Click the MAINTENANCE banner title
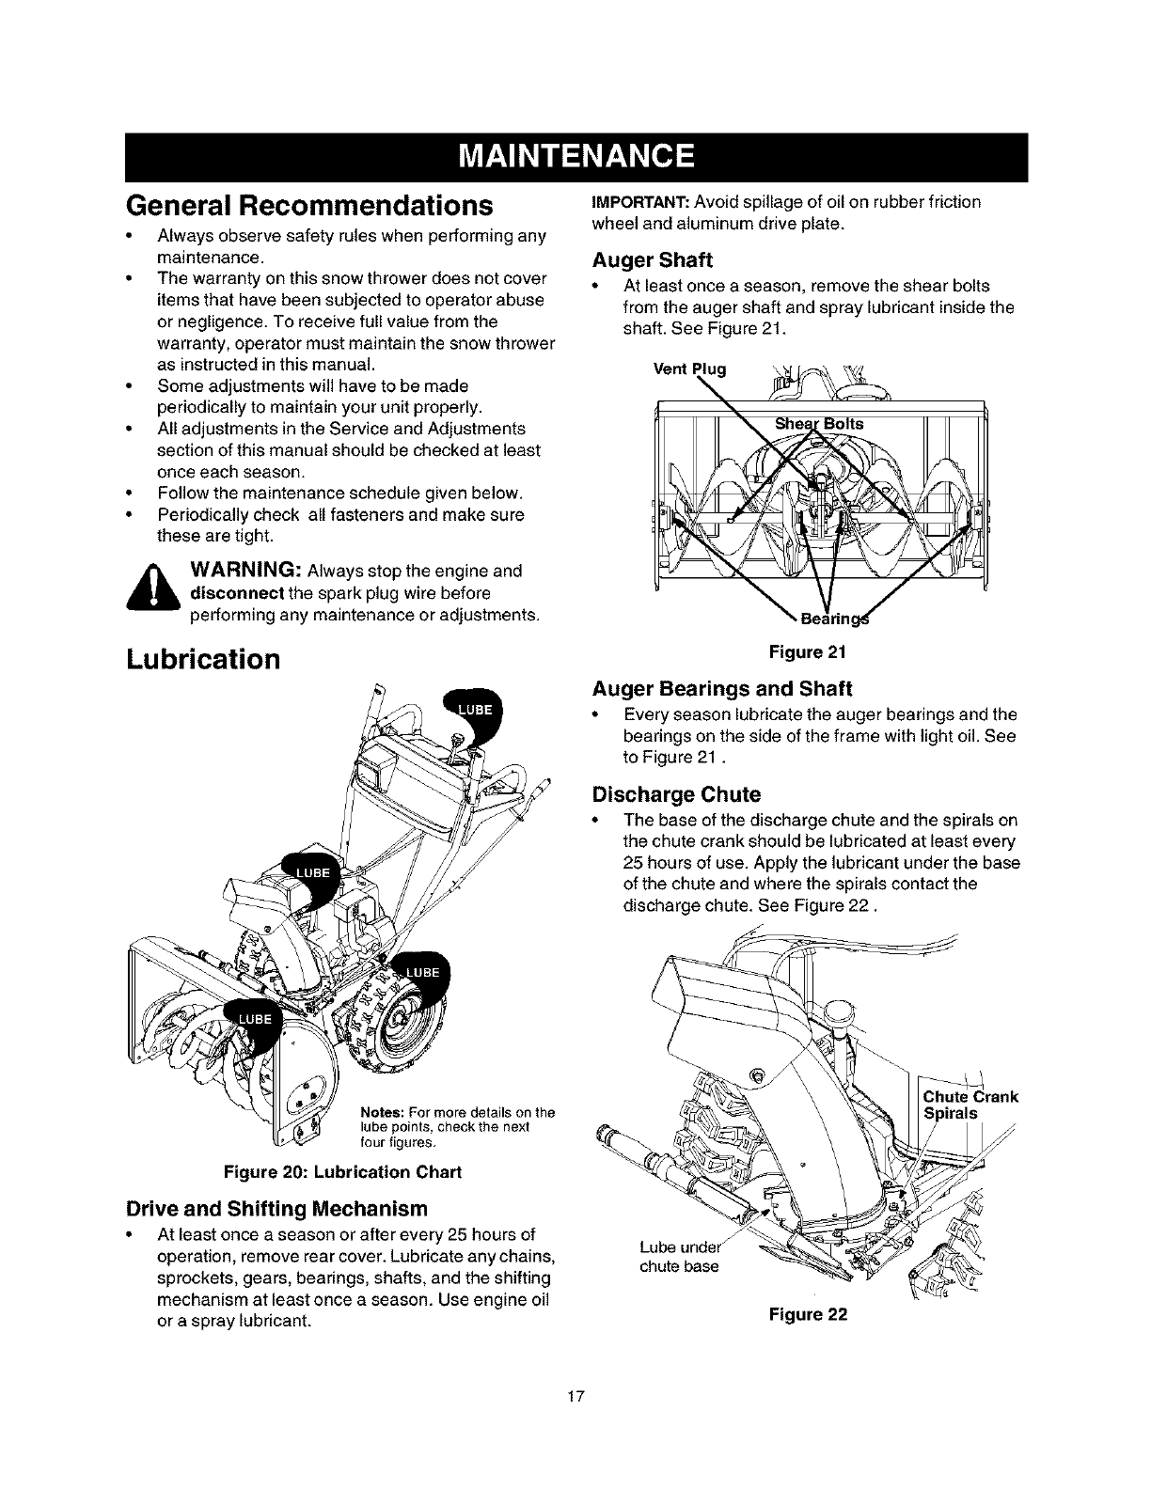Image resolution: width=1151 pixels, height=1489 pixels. click(x=575, y=156)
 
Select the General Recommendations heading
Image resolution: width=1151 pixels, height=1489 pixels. click(x=309, y=205)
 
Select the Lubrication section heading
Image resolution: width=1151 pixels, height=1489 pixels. click(x=203, y=659)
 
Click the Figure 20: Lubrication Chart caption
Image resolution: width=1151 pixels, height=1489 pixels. click(x=342, y=1172)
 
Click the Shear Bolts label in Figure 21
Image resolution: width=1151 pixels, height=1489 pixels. click(x=818, y=423)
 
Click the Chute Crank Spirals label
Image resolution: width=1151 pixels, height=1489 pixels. click(x=970, y=1105)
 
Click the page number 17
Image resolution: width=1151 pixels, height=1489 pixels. click(x=575, y=1396)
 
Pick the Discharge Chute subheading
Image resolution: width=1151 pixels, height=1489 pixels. click(x=675, y=794)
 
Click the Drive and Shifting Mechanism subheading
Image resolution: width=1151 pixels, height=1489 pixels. click(x=276, y=1208)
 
